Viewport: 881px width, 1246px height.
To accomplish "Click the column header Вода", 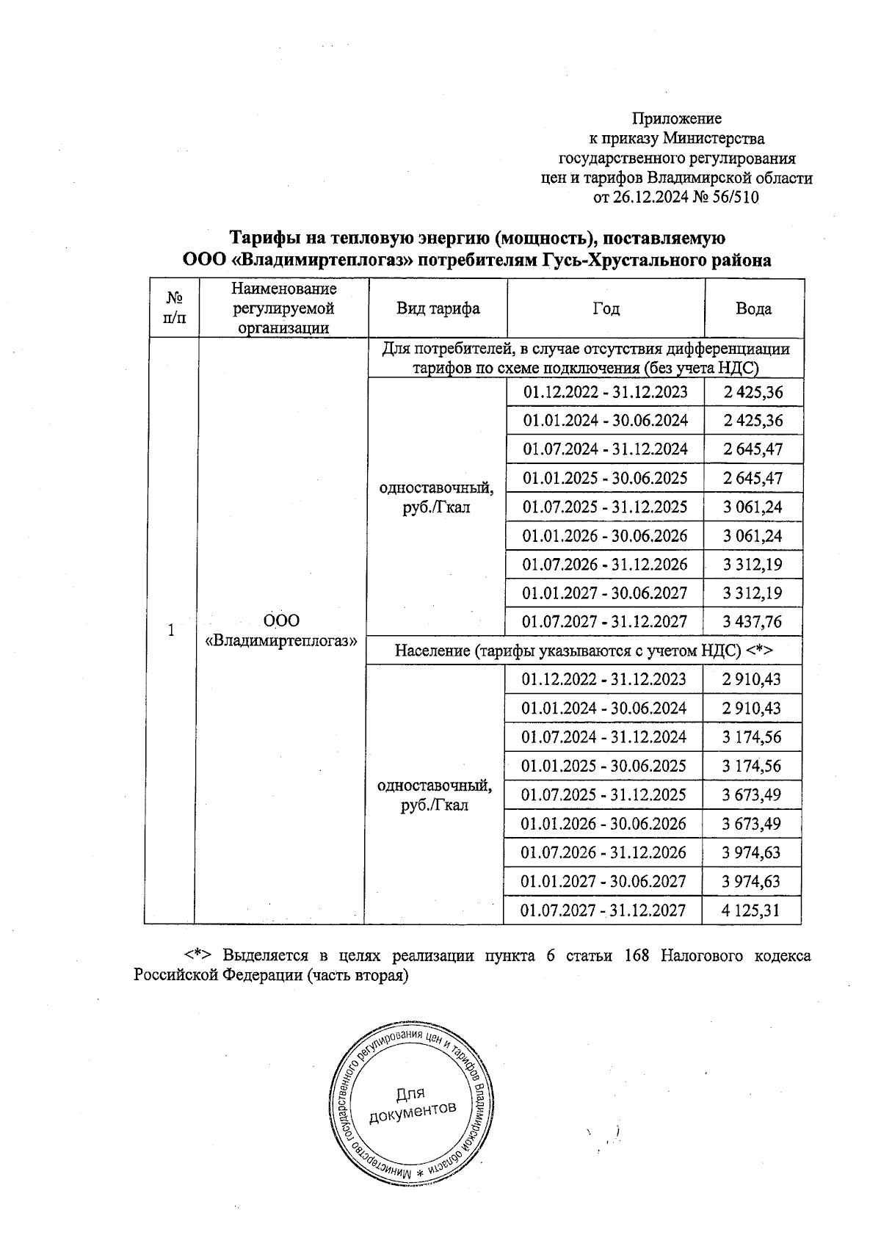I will click(753, 308).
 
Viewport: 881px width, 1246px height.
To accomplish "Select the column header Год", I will click(606, 308).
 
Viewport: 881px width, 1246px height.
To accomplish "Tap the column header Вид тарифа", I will click(438, 308).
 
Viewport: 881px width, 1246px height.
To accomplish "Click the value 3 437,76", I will click(752, 622).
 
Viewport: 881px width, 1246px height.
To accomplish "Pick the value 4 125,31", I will click(750, 911).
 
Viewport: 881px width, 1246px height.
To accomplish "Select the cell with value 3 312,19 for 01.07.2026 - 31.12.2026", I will click(752, 565).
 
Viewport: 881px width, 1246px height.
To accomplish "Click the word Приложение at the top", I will click(677, 118).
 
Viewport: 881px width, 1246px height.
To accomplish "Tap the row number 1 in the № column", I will click(171, 630).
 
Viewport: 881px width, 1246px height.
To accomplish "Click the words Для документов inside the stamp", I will click(411, 1106).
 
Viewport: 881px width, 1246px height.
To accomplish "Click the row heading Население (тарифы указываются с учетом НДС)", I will click(585, 651).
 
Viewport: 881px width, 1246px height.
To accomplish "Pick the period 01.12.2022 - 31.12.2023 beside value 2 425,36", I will click(605, 392).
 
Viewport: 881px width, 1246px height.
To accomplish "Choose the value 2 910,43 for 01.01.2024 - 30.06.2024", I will click(750, 709).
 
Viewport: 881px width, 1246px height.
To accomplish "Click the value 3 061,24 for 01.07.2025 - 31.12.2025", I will click(752, 507).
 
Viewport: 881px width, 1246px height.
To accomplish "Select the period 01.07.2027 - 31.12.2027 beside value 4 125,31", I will click(603, 911).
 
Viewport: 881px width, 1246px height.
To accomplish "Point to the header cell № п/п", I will click(174, 308).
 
